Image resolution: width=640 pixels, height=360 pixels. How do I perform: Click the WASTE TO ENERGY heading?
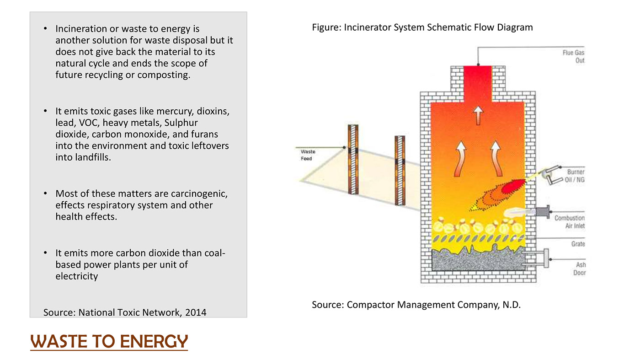pos(109,341)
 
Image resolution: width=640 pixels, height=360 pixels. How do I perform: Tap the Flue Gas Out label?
pos(573,57)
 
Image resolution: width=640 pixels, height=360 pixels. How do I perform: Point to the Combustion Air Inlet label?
pos(569,222)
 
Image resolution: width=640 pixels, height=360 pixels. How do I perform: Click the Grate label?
pos(578,244)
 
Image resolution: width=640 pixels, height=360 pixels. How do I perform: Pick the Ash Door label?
pos(580,269)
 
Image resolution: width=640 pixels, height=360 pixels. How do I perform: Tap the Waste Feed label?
pos(307,155)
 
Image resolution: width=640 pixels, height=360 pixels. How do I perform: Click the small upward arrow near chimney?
pos(478,115)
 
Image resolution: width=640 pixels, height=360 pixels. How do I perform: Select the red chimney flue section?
pos(478,83)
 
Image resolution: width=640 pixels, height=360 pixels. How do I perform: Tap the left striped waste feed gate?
pos(353,159)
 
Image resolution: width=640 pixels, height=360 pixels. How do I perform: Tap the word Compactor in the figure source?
pos(369,305)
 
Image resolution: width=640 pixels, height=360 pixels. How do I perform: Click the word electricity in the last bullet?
pos(76,276)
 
